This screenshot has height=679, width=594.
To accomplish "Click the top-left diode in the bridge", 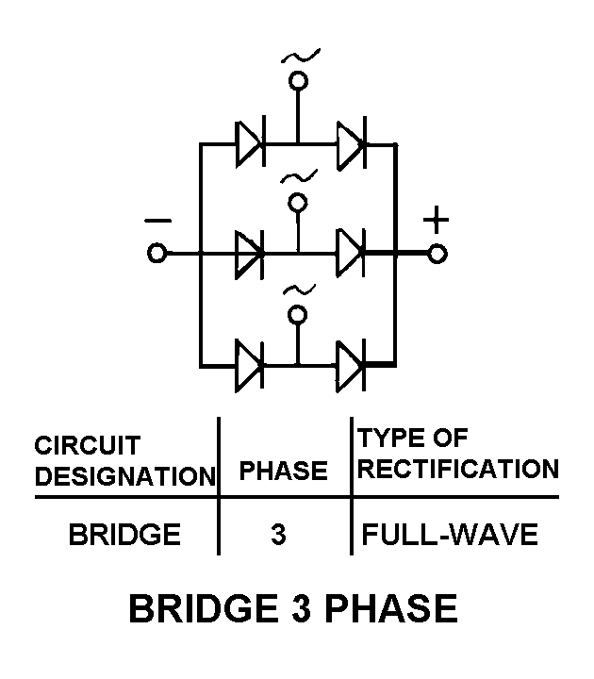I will (250, 145).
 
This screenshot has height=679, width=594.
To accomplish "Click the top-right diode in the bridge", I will (351, 145).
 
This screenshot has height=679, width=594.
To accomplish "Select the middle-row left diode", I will (250, 253).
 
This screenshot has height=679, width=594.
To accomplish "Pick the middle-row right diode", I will (351, 253).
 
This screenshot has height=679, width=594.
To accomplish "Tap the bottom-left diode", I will (250, 362).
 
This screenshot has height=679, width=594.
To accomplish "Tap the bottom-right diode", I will (351, 362).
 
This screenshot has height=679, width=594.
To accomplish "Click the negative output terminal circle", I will (157, 254).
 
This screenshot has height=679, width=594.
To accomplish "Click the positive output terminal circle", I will (437, 254).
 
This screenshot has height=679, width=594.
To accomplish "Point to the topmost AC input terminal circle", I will (298, 82).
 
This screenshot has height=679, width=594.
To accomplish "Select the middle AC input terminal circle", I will (298, 203).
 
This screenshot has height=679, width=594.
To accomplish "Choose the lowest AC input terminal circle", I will (298, 314).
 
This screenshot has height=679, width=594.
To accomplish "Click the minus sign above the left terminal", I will (157, 222).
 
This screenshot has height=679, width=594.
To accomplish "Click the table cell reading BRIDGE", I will (124, 535).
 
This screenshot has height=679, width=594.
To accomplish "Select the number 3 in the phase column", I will (278, 536).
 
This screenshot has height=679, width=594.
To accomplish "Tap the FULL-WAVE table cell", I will (450, 535).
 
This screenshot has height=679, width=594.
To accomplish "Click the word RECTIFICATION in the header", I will (457, 469).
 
